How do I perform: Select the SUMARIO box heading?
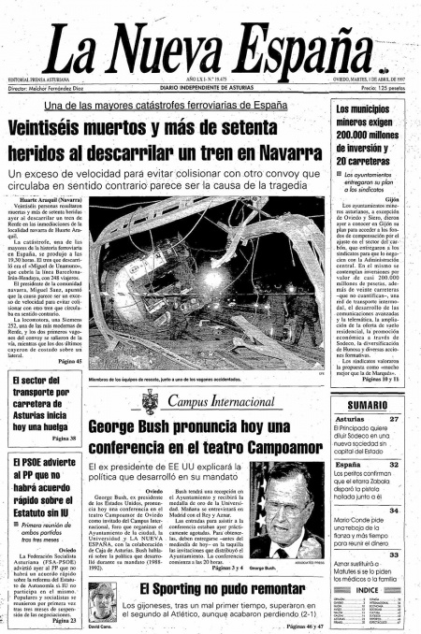click(368, 404)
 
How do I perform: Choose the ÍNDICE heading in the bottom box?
click(368, 589)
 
